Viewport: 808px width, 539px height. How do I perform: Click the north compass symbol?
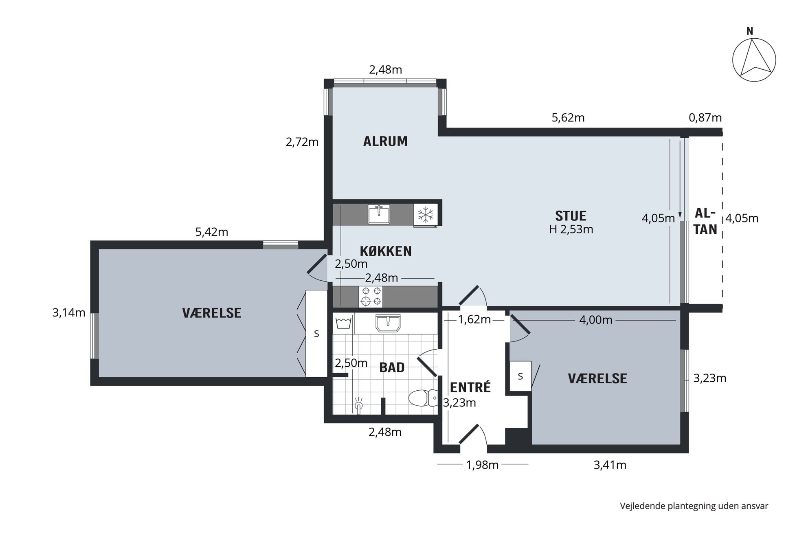point(754,59)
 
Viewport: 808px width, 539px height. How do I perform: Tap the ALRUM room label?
point(385,141)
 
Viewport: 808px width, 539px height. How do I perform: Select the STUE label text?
point(571,216)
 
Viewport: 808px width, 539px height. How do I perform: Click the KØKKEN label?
point(386,251)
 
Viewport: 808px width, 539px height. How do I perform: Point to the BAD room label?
point(392,367)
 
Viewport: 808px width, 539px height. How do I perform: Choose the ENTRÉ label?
point(470,387)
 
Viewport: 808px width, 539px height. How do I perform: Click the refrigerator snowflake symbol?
point(426,214)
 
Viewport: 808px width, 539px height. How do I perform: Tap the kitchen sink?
point(379,214)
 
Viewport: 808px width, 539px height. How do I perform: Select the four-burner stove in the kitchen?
point(371,296)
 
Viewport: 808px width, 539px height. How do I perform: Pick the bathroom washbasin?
point(388,323)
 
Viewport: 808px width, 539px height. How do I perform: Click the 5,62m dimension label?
point(568,118)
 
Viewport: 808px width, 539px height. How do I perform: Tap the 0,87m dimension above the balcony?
point(705,118)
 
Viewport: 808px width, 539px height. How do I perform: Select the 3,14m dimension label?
point(69,313)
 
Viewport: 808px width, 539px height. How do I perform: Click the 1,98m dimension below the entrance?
point(482,465)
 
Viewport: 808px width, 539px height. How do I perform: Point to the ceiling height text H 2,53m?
point(571,229)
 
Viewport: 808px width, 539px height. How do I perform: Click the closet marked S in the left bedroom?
point(316,333)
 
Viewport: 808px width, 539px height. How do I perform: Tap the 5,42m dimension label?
point(212,232)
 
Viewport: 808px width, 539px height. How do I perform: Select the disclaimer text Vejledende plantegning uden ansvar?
point(694,506)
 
